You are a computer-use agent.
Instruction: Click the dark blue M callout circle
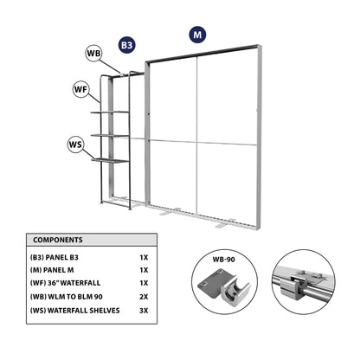pos(197,35)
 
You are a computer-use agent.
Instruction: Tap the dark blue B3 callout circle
pos(127,45)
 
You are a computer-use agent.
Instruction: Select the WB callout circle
pos(93,54)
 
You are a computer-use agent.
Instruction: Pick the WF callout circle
pos(80,89)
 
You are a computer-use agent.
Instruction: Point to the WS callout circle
pos(75,145)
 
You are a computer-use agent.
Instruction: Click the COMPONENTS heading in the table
pos(58,240)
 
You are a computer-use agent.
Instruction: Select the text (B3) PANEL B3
pos(55,257)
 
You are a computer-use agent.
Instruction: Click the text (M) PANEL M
pos(52,270)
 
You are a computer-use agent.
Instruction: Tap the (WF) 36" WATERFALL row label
pos(65,283)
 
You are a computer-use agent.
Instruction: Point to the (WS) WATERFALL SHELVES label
pos(74,311)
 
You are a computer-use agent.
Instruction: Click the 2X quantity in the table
pos(144,297)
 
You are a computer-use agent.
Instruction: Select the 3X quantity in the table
pos(144,311)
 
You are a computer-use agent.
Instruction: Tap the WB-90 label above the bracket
pos(224,260)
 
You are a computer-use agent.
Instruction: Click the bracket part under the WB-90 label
pos(223,287)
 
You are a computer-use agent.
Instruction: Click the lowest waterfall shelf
pos(110,160)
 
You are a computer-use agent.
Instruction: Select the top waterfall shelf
pos(110,112)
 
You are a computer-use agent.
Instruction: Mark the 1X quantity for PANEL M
pos(144,270)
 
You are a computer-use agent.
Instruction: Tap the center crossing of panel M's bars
pos(197,142)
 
